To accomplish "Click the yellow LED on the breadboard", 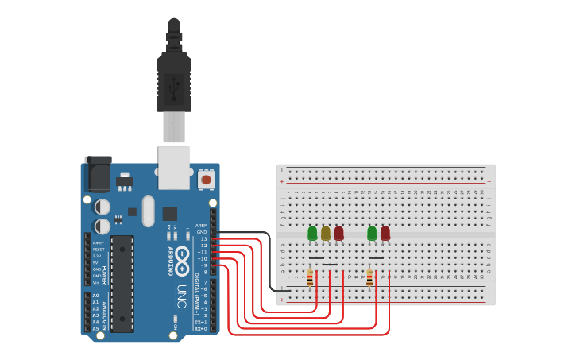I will [x=326, y=233].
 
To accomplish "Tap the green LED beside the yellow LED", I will [x=312, y=233].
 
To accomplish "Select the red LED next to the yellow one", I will [x=339, y=233].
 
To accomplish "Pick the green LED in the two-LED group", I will [x=372, y=233].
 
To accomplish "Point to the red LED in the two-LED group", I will [x=385, y=233].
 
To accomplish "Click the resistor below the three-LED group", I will [x=310, y=277].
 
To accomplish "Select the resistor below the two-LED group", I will [x=369, y=277].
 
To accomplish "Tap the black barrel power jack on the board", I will [x=98, y=174].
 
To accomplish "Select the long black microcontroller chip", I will [x=122, y=282].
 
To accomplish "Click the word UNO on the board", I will [x=181, y=295].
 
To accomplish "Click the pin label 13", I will [x=203, y=238].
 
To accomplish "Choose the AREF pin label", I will [x=202, y=225].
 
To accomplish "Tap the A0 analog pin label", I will [x=95, y=296].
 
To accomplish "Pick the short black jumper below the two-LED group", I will [x=376, y=258].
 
